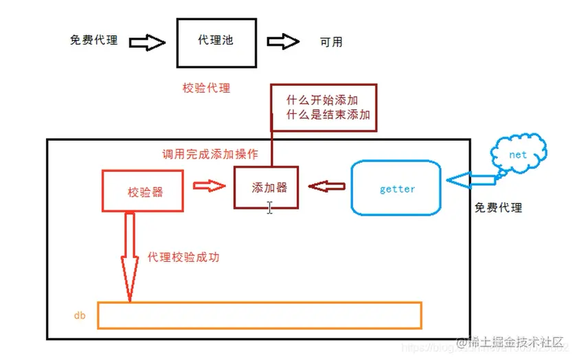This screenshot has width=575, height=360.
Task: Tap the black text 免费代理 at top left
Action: (x=94, y=41)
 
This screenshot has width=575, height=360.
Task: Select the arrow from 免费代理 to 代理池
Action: (x=147, y=43)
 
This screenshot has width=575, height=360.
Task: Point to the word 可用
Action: (x=330, y=43)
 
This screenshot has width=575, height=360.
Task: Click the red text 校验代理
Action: (x=206, y=88)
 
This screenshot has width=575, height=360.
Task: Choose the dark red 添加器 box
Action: (x=267, y=186)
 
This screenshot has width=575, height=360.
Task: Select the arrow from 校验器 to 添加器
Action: (x=208, y=186)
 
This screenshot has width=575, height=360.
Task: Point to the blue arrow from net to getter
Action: (x=471, y=180)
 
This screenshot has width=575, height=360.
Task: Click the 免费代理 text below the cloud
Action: (x=498, y=207)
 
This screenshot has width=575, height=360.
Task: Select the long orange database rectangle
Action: (x=260, y=315)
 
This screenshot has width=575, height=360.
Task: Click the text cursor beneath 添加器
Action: (x=270, y=207)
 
